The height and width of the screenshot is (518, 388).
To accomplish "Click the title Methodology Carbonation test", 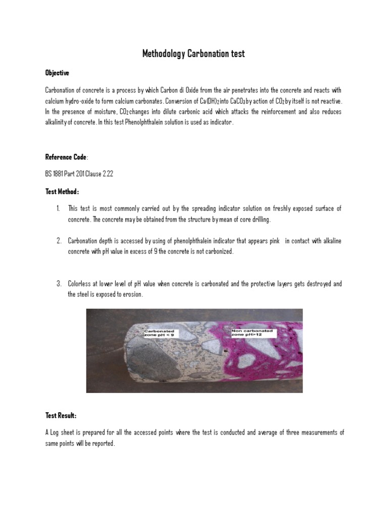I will (193, 54).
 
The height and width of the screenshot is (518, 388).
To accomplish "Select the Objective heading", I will (57, 73).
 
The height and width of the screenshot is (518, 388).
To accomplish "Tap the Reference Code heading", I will (66, 157).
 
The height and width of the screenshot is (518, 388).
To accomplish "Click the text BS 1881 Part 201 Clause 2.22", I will (79, 175).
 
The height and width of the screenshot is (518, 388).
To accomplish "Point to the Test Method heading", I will (62, 192).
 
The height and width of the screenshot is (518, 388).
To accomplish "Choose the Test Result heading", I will (61, 415).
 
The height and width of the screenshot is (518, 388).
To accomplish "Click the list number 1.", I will (59, 209).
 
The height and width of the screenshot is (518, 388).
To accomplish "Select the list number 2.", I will (59, 241).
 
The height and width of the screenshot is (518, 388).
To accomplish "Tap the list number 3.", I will (59, 284).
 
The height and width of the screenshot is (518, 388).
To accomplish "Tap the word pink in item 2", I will (275, 241).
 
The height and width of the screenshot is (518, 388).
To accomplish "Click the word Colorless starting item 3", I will (80, 284).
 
